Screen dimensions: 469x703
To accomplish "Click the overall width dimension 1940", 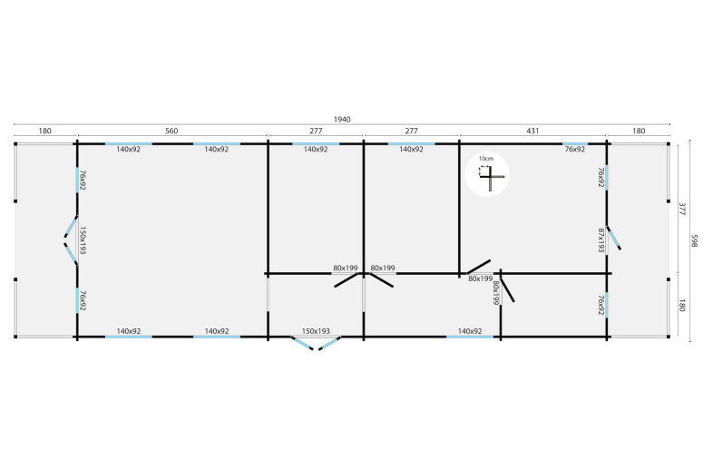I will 342,120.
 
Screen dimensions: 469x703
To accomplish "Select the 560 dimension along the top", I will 171,132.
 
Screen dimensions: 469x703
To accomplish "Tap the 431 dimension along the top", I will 532,132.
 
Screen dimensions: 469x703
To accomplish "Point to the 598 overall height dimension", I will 695,239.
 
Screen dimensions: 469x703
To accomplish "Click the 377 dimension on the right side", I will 681,208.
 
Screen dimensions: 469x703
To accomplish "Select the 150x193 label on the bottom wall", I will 316,331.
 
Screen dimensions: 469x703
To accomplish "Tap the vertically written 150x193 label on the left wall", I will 82,241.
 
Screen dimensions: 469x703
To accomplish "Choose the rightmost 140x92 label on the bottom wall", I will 470,331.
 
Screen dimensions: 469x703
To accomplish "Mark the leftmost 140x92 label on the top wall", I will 128,149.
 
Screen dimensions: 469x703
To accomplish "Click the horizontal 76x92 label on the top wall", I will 574,149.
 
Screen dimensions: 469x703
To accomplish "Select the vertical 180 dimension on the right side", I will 681,305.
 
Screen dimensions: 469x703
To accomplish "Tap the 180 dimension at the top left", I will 44,132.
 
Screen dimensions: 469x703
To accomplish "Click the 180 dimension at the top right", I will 639,132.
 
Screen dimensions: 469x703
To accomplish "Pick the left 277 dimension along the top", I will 315,132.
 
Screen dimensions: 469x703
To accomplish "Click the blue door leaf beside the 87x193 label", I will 614,238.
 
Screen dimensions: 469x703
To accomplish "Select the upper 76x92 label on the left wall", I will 82,179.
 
